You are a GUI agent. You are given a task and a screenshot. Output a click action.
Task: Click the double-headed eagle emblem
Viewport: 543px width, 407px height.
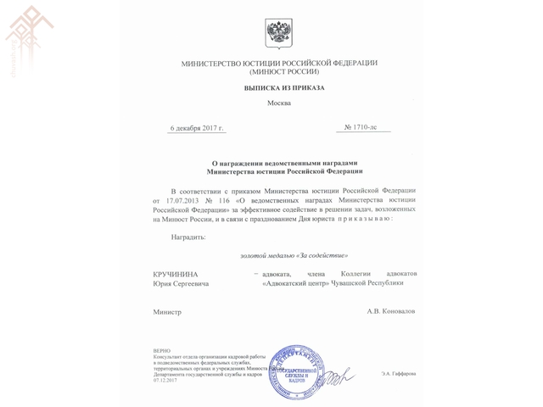(279, 35)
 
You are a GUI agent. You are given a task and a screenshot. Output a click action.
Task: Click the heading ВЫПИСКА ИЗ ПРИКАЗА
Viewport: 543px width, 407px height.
(278, 87)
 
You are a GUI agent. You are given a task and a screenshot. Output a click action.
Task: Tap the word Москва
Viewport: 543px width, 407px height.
(278, 103)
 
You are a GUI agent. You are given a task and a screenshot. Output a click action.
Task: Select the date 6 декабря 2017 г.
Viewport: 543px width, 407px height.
(196, 128)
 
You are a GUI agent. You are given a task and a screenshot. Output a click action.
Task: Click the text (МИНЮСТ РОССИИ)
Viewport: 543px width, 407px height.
(279, 73)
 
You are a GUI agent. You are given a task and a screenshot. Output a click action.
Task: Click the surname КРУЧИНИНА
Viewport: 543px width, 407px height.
(182, 274)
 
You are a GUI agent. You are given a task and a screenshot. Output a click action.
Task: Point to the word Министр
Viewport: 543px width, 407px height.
(167, 312)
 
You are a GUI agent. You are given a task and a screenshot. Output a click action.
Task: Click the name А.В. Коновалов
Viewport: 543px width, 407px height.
(391, 312)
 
